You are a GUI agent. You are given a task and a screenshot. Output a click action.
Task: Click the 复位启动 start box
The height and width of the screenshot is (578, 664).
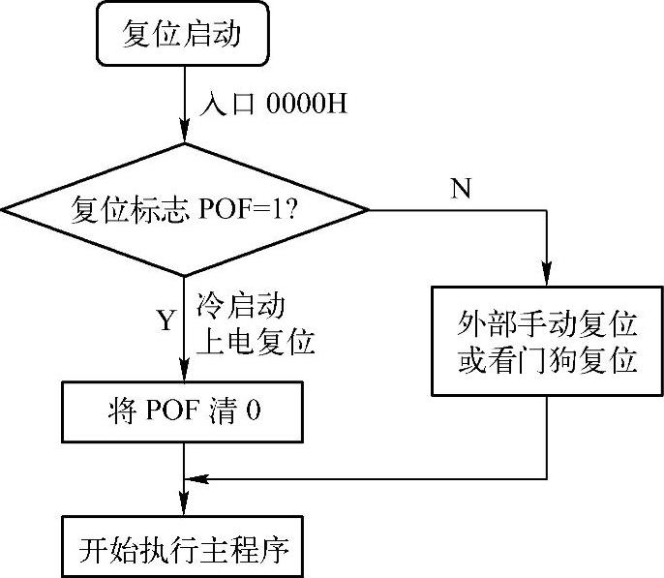(182, 36)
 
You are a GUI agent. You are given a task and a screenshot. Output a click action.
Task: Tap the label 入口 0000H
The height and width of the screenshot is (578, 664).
(272, 104)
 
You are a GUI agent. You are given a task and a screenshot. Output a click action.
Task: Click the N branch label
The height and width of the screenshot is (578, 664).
(461, 189)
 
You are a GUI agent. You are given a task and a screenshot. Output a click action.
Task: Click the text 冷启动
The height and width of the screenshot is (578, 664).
(240, 307)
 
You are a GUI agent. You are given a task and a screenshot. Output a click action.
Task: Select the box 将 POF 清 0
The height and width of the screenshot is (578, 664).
(184, 411)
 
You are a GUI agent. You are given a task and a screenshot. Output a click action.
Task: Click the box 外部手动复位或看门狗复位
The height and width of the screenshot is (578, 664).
(547, 342)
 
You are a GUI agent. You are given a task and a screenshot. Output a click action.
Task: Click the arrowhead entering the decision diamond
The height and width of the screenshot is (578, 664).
(184, 135)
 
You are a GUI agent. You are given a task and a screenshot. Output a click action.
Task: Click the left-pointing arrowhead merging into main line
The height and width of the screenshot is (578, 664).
(194, 477)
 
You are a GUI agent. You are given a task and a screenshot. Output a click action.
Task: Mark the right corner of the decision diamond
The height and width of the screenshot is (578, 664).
(367, 208)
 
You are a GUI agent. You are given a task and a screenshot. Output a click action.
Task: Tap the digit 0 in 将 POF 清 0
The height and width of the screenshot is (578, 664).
(254, 411)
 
